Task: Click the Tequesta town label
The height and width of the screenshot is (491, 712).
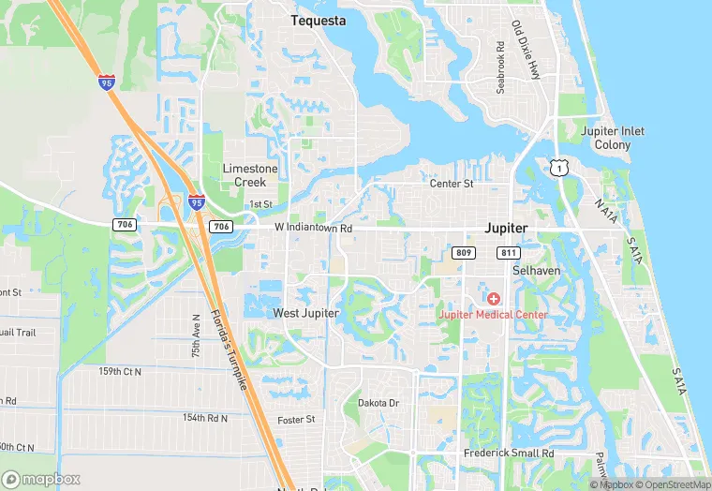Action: (318, 21)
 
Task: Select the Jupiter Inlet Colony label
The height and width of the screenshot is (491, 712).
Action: (612, 138)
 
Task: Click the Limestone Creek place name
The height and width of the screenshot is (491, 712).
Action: (250, 174)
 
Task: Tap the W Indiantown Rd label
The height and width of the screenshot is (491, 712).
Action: (313, 228)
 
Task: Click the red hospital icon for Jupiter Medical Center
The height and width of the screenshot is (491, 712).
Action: (493, 298)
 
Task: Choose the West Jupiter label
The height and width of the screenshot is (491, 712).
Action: (305, 312)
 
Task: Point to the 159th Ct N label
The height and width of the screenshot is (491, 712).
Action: (120, 371)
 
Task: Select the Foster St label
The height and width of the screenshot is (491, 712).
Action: (296, 419)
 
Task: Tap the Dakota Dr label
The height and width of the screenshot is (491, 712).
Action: (378, 403)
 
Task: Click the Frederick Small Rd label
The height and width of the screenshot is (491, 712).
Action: (509, 454)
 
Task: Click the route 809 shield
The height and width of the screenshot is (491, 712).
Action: (465, 253)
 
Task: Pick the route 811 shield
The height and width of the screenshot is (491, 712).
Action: (509, 253)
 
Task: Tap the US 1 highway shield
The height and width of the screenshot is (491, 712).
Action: (558, 167)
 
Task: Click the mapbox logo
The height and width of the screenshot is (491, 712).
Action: (41, 478)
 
